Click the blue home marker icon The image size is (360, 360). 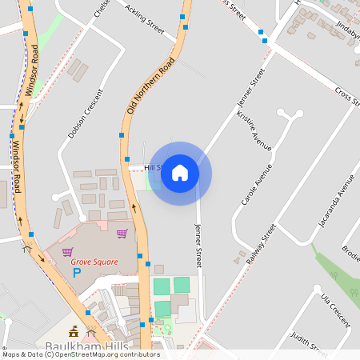[180, 173]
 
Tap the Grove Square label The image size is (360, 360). [94, 262]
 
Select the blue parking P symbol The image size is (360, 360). [78, 273]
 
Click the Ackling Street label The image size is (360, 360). [145, 22]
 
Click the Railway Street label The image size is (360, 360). [261, 245]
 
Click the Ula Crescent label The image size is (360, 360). [335, 310]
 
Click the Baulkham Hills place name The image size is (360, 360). [81, 346]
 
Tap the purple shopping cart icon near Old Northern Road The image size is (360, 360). [122, 234]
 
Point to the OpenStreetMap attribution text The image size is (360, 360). [81, 354]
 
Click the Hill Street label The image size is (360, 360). [153, 168]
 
